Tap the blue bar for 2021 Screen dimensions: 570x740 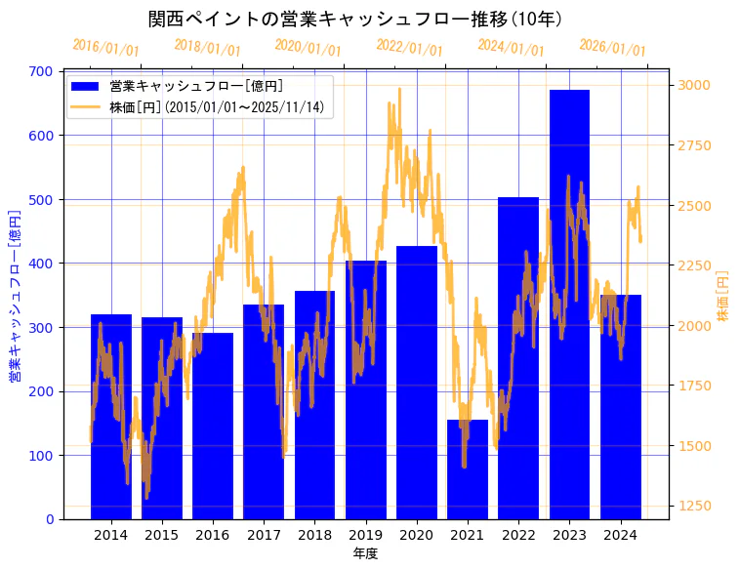coord(468,469)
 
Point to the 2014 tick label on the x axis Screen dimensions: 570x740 coord(111,535)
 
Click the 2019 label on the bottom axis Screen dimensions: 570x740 coord(365,535)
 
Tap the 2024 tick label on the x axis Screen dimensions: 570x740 coord(620,535)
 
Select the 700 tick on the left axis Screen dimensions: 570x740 coord(41,71)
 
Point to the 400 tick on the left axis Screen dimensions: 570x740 coord(41,264)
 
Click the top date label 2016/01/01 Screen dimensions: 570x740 coord(105,48)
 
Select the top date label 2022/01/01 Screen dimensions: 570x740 coord(409,48)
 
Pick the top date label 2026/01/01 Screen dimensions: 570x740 coord(612,48)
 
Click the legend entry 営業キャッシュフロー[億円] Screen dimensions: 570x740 coord(196,87)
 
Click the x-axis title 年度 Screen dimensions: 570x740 coord(365,553)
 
